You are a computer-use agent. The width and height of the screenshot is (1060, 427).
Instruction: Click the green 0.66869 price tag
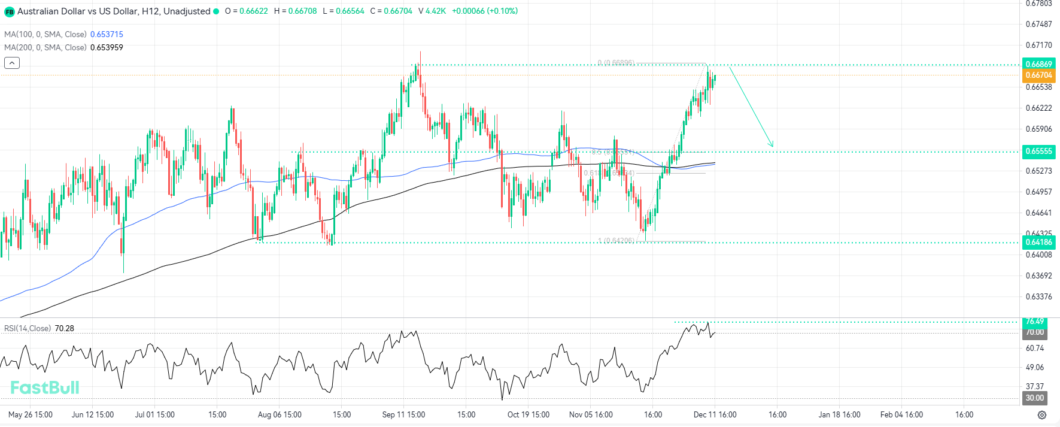click(1038, 64)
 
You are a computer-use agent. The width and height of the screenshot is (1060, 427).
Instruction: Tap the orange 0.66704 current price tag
click(1038, 75)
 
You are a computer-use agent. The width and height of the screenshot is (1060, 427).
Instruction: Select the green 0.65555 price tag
click(1038, 152)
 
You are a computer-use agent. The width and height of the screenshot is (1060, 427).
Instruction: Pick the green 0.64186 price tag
click(1038, 243)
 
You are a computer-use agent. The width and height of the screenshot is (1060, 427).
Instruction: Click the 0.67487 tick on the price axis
click(1038, 24)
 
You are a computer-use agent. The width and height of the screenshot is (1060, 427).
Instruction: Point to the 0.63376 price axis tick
click(1038, 296)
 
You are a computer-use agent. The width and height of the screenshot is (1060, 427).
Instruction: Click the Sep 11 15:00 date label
click(403, 414)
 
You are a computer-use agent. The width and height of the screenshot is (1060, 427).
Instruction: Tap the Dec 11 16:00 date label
click(715, 414)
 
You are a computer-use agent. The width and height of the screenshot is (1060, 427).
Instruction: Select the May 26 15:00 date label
click(31, 414)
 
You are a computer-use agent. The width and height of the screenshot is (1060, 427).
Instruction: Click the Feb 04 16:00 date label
click(901, 414)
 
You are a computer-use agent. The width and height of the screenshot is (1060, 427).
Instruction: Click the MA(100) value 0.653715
click(107, 34)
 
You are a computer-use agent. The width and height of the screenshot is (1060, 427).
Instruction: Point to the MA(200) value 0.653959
click(107, 47)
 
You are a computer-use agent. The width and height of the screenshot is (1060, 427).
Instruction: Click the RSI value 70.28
click(64, 328)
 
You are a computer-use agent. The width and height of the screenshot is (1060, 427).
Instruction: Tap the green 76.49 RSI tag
click(1035, 322)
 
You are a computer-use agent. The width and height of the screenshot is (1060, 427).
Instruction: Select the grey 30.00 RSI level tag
click(1035, 398)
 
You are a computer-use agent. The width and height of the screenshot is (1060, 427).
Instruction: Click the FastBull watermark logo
click(45, 387)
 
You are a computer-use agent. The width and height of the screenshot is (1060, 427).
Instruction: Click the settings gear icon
click(1042, 415)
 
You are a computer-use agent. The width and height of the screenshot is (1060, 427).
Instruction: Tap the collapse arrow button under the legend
click(12, 62)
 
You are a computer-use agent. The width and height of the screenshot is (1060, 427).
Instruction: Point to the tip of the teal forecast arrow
click(773, 146)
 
